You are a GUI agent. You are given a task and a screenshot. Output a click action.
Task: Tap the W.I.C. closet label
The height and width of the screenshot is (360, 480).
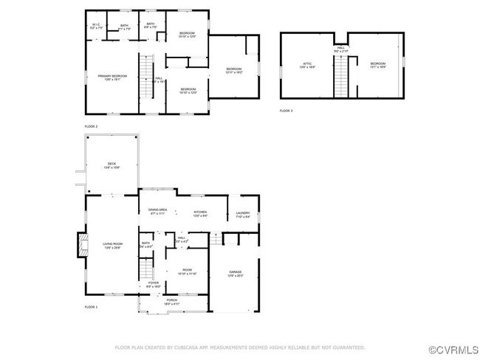click(x=96, y=26)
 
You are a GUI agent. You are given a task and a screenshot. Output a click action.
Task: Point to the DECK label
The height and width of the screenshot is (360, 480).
click(x=112, y=164)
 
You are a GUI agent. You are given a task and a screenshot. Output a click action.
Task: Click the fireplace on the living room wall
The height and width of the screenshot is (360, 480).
click(x=80, y=246)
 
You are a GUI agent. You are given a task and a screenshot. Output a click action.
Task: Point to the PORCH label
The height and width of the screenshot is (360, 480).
click(x=171, y=300)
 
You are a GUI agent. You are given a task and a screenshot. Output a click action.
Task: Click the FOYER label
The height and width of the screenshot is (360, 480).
click(x=153, y=283)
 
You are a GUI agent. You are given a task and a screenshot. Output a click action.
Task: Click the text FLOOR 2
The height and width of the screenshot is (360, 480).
click(x=91, y=127)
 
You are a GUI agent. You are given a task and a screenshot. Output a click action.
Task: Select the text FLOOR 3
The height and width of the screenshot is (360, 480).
click(x=286, y=111)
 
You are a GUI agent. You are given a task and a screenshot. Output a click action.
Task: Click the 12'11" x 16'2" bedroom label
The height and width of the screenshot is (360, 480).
click(x=233, y=69)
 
